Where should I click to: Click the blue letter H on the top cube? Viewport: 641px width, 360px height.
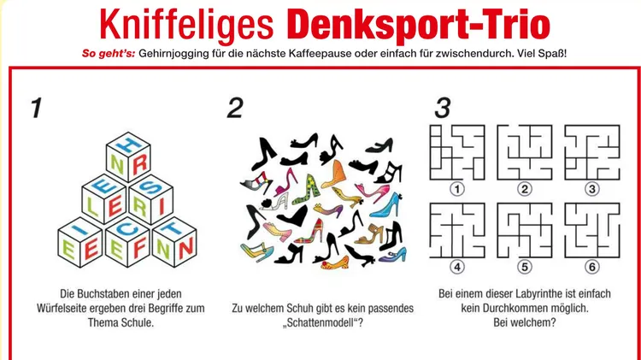pyautogui.click(x=127, y=145)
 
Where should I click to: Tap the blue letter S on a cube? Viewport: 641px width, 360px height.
pyautogui.click(x=150, y=187)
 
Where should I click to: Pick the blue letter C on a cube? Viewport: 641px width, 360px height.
pyautogui.click(x=127, y=229)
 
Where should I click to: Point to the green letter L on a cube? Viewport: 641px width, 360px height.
pyautogui.click(x=93, y=207)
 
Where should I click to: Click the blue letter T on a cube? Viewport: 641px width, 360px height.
pyautogui.click(x=173, y=228)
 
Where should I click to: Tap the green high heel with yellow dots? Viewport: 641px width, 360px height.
pyautogui.click(x=306, y=190)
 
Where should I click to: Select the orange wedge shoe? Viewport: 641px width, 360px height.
pyautogui.click(x=334, y=174)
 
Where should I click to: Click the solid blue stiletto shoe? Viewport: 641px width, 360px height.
pyautogui.click(x=386, y=205)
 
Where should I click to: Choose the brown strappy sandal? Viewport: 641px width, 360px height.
pyautogui.click(x=369, y=234)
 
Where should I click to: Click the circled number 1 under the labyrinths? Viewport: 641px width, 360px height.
pyautogui.click(x=457, y=189)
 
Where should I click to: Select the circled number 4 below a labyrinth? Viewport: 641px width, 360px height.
pyautogui.click(x=457, y=267)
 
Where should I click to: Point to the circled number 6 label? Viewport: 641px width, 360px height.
pyautogui.click(x=591, y=267)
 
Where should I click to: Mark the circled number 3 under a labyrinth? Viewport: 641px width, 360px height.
pyautogui.click(x=591, y=189)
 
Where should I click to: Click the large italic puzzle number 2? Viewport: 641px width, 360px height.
pyautogui.click(x=235, y=108)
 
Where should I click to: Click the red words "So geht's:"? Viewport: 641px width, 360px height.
pyautogui.click(x=109, y=53)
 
